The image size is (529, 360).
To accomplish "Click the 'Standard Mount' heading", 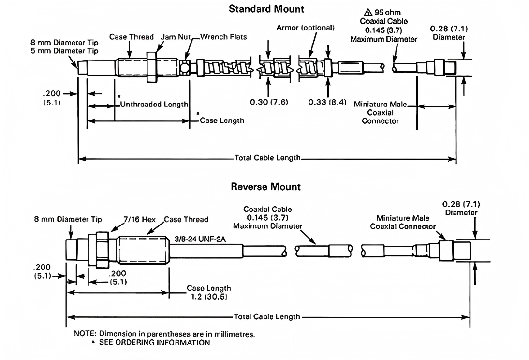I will [x=266, y=9].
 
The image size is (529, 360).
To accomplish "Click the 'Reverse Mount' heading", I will [x=265, y=186].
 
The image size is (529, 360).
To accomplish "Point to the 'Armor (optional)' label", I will [x=305, y=28].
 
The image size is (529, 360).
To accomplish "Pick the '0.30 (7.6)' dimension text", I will [x=269, y=103].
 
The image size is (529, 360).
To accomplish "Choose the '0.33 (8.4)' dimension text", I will [x=327, y=103].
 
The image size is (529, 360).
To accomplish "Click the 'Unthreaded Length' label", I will [x=154, y=104].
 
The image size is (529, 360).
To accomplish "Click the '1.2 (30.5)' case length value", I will [x=209, y=296].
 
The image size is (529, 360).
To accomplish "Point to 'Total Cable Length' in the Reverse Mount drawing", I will [x=267, y=317].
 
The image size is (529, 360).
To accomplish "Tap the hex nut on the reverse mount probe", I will [x=102, y=250].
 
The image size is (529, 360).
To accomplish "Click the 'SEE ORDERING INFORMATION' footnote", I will [x=154, y=343].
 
